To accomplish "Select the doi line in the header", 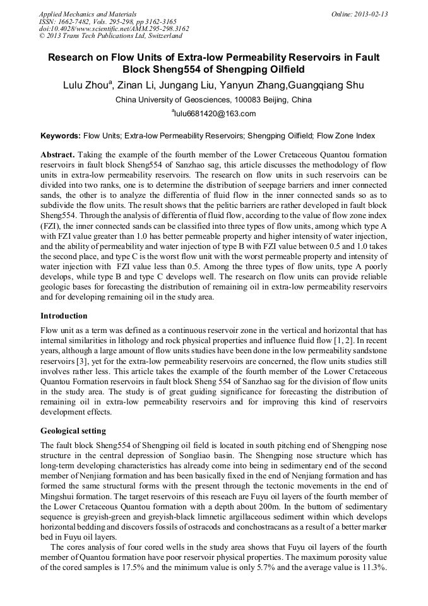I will coord(114,28).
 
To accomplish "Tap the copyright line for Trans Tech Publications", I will coord(110,36).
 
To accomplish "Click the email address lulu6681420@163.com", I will coord(215,114).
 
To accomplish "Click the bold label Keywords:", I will coord(61,136).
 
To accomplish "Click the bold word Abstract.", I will coord(58,155).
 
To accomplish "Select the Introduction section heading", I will coord(64,315).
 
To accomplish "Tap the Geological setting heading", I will coord(73,431).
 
